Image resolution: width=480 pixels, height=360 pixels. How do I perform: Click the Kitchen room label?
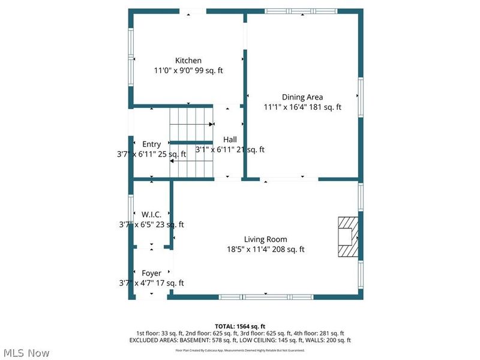(188, 61)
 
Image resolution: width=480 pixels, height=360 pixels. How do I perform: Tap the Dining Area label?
(302, 97)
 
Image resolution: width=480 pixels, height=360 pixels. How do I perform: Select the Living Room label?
(265, 239)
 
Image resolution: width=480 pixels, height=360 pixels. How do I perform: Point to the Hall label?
(230, 140)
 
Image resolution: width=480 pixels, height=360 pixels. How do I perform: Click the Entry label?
(151, 144)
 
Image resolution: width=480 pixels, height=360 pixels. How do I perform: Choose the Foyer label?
(151, 273)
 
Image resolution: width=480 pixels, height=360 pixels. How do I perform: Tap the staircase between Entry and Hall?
(191, 142)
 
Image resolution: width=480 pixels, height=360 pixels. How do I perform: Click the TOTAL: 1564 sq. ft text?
(240, 326)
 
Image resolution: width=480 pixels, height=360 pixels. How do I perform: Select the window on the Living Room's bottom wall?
(266, 296)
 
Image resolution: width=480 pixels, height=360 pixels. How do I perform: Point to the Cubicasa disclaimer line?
(240, 350)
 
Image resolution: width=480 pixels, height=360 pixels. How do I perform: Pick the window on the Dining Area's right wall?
(361, 97)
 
